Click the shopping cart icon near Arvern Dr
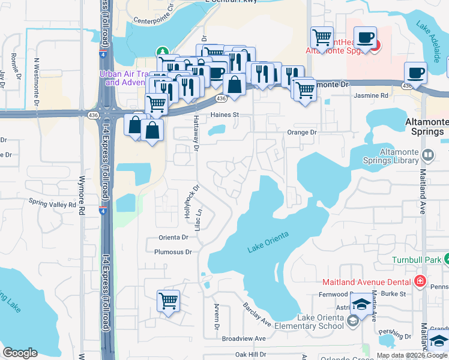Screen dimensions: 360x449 [x=168, y=301]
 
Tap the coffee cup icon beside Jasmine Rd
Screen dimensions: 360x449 [x=415, y=74]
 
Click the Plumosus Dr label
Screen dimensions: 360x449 [x=173, y=252]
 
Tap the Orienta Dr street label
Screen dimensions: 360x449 [x=173, y=237]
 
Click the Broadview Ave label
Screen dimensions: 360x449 [x=244, y=338]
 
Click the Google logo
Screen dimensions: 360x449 [x=20, y=353]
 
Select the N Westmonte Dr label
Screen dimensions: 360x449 [x=37, y=81]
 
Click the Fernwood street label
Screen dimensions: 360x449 [x=334, y=295]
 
